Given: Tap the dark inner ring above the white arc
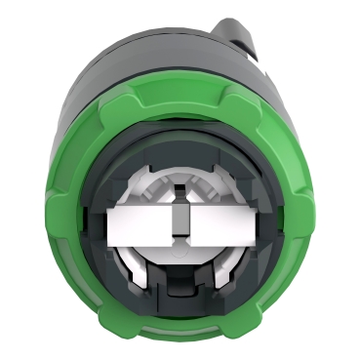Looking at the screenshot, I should tap(181, 146).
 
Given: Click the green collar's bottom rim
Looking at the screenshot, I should tap(181, 337).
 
